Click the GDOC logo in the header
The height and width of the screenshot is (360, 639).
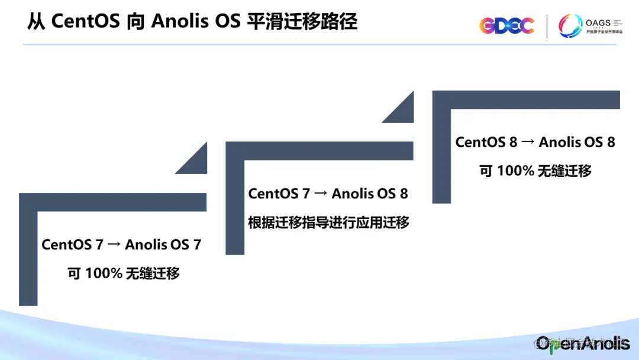pyautogui.click(x=507, y=25)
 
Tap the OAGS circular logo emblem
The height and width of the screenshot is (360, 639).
pyautogui.click(x=570, y=26)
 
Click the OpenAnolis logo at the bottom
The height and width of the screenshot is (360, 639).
pyautogui.click(x=583, y=343)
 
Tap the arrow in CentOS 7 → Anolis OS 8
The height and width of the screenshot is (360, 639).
pyautogui.click(x=321, y=194)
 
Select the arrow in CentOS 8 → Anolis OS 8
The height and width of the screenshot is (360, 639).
pyautogui.click(x=528, y=143)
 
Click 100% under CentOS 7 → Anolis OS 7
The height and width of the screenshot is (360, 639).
pyautogui.click(x=104, y=274)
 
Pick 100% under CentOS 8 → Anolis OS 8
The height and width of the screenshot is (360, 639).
pyautogui.click(x=515, y=171)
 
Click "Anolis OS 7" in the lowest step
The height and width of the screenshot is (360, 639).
pyautogui.click(x=163, y=245)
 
